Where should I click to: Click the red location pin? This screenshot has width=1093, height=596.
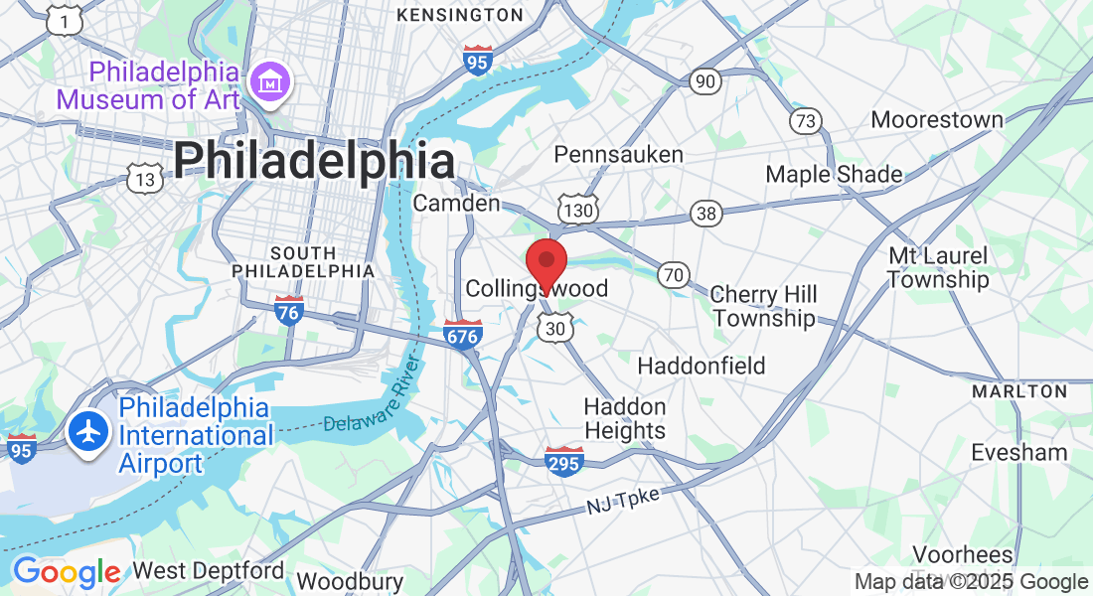pos(546,264)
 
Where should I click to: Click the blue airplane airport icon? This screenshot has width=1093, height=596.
pos(89,432)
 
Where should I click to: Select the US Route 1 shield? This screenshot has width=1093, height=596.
pos(65,20)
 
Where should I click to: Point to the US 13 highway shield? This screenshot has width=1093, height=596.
pos(146,179)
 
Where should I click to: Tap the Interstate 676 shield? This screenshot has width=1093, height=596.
pos(463,335)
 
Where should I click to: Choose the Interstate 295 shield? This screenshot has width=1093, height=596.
pos(563,461)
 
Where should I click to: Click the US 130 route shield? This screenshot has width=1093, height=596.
pos(577,211)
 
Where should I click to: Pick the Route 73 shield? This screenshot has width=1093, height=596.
pos(806,120)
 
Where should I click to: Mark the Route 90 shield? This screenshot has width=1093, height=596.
pos(705,80)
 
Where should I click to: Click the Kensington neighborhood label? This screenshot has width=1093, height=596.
pos(459,15)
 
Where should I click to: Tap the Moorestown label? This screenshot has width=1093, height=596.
pos(937,120)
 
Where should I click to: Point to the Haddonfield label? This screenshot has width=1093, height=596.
pos(702,366)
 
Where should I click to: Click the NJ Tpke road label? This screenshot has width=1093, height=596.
pos(622,502)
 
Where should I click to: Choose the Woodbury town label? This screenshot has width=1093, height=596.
pos(350,582)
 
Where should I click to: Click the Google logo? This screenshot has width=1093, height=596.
pos(66,572)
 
